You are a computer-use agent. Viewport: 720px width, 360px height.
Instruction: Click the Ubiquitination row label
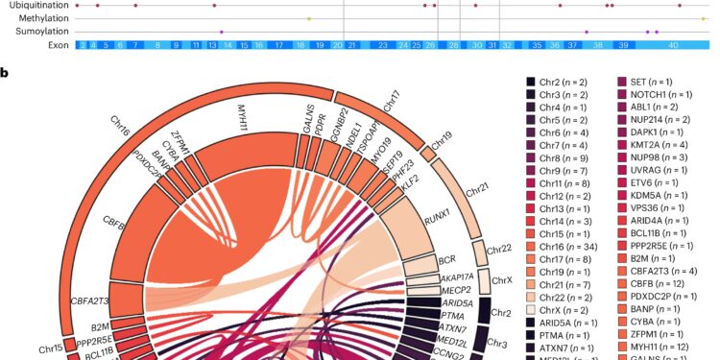[36, 5]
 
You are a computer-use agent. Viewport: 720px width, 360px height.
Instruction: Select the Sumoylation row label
[37, 32]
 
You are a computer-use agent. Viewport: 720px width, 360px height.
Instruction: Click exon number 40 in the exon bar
[673, 45]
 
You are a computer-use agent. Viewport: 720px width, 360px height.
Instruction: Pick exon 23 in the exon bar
[382, 45]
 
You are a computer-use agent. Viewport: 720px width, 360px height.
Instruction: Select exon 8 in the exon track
[158, 45]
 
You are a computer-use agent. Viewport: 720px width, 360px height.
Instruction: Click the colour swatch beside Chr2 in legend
[532, 84]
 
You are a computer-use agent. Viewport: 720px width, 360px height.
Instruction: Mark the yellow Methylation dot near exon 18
[308, 18]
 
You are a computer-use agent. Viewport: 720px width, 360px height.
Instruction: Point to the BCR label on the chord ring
[446, 260]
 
